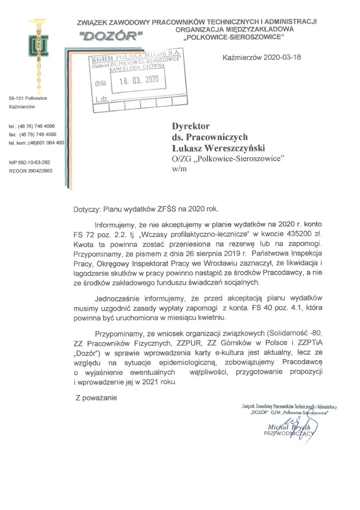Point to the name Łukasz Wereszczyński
[219, 148]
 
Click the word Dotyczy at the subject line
[87, 208]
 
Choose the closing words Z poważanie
[96, 398]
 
